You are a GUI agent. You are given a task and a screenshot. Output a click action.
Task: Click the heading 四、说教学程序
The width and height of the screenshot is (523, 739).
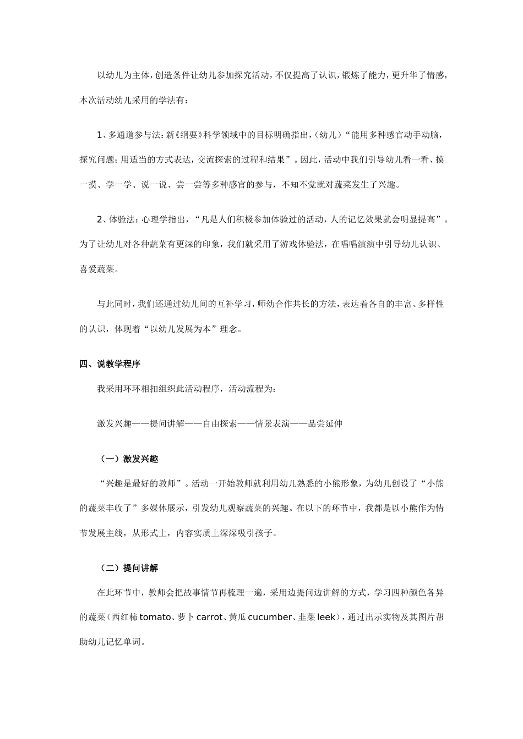(x=110, y=364)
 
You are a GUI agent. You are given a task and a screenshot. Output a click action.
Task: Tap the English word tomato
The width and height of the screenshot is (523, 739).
(x=155, y=617)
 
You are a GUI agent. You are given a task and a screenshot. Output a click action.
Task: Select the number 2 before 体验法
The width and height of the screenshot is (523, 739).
(x=100, y=220)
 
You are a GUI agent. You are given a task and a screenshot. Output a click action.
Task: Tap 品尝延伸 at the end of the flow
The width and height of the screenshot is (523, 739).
(x=325, y=424)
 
